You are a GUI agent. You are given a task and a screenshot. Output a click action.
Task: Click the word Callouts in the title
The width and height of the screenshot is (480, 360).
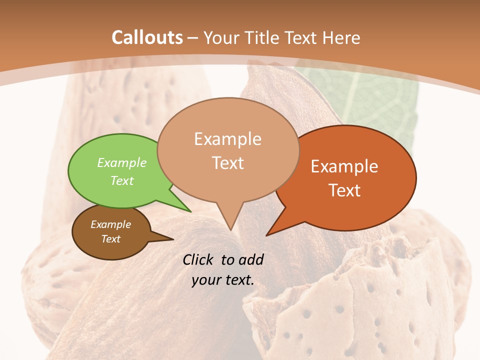pyautogui.click(x=147, y=38)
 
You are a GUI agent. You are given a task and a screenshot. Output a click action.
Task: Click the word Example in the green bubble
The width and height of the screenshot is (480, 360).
pyautogui.click(x=122, y=162)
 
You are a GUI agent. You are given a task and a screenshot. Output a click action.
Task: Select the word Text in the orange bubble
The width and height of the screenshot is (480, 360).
pyautogui.click(x=345, y=190)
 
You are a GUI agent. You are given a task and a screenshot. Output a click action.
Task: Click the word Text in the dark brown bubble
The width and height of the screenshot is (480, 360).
pyautogui.click(x=110, y=239)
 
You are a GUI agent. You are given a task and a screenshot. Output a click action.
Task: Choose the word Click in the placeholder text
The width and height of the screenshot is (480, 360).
pyautogui.click(x=199, y=259)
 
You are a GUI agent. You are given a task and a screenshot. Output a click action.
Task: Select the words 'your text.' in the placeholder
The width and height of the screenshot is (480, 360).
pyautogui.click(x=223, y=280)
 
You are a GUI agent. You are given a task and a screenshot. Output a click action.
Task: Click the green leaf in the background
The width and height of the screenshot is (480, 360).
pyautogui.click(x=370, y=100)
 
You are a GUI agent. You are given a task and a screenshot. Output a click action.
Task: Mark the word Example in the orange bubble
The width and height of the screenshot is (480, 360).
pyautogui.click(x=344, y=166)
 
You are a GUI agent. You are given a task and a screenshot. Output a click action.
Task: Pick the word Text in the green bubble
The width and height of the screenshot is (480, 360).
pyautogui.click(x=122, y=180)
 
